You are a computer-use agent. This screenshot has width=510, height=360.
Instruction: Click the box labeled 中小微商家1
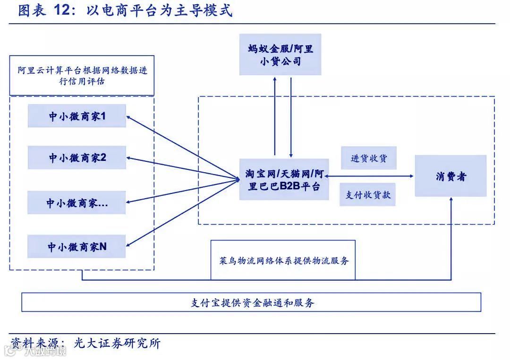click(77, 116)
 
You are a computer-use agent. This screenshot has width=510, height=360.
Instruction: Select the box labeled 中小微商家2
click(77, 158)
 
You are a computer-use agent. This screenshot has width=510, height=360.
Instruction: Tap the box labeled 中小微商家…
click(77, 203)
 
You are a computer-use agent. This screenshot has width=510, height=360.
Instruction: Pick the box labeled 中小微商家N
click(77, 246)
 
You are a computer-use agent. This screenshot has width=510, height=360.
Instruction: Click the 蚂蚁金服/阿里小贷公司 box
click(280, 54)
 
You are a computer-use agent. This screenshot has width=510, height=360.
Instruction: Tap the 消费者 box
click(450, 176)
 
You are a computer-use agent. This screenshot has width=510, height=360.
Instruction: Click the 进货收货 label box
click(368, 158)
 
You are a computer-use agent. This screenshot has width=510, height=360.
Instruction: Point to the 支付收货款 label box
click(367, 194)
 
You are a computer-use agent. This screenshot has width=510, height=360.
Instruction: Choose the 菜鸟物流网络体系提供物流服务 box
click(282, 260)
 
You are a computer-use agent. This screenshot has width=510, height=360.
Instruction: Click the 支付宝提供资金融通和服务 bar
click(251, 302)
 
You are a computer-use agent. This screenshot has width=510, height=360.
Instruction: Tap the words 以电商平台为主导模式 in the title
click(160, 10)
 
